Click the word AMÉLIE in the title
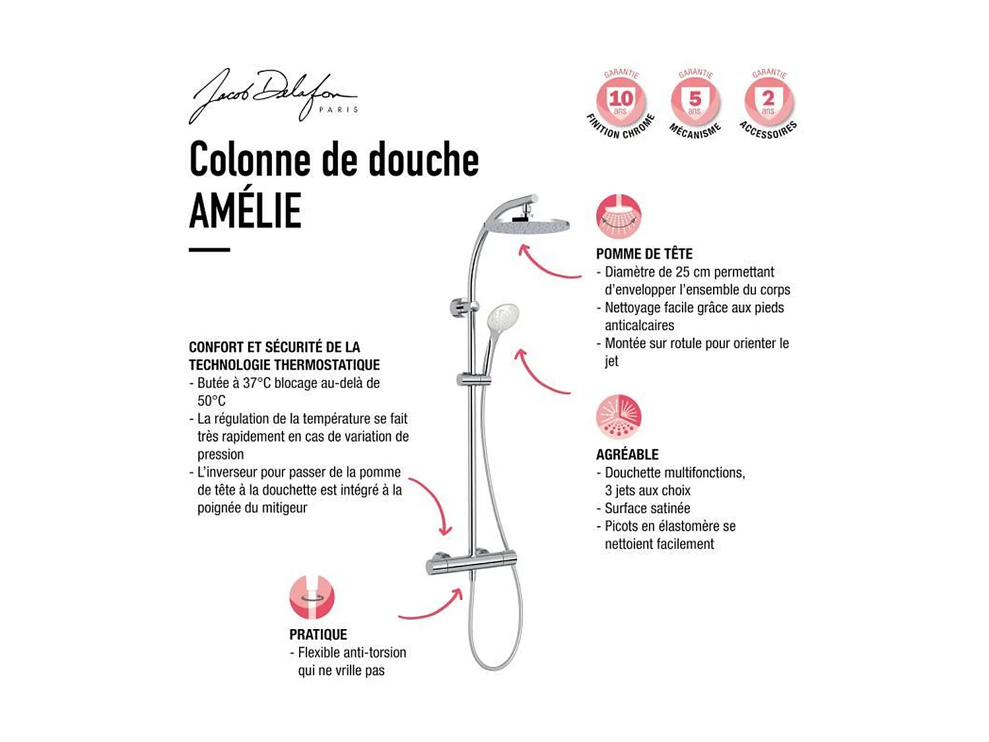pyautogui.click(x=246, y=211)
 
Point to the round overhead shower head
pyautogui.click(x=527, y=226)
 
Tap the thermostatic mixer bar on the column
pyautogui.click(x=471, y=563)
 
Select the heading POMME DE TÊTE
pyautogui.click(x=644, y=254)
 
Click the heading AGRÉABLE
pyautogui.click(x=627, y=455)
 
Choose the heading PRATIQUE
pyautogui.click(x=318, y=635)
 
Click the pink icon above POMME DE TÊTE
pyautogui.click(x=619, y=217)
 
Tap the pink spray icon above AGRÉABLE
pyautogui.click(x=619, y=417)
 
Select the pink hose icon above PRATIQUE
pyautogui.click(x=312, y=597)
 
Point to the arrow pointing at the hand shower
pyautogui.click(x=540, y=375)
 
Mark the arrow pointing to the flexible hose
pyautogui.click(x=432, y=607)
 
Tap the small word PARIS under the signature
pyautogui.click(x=338, y=110)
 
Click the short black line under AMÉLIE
pyautogui.click(x=209, y=250)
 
